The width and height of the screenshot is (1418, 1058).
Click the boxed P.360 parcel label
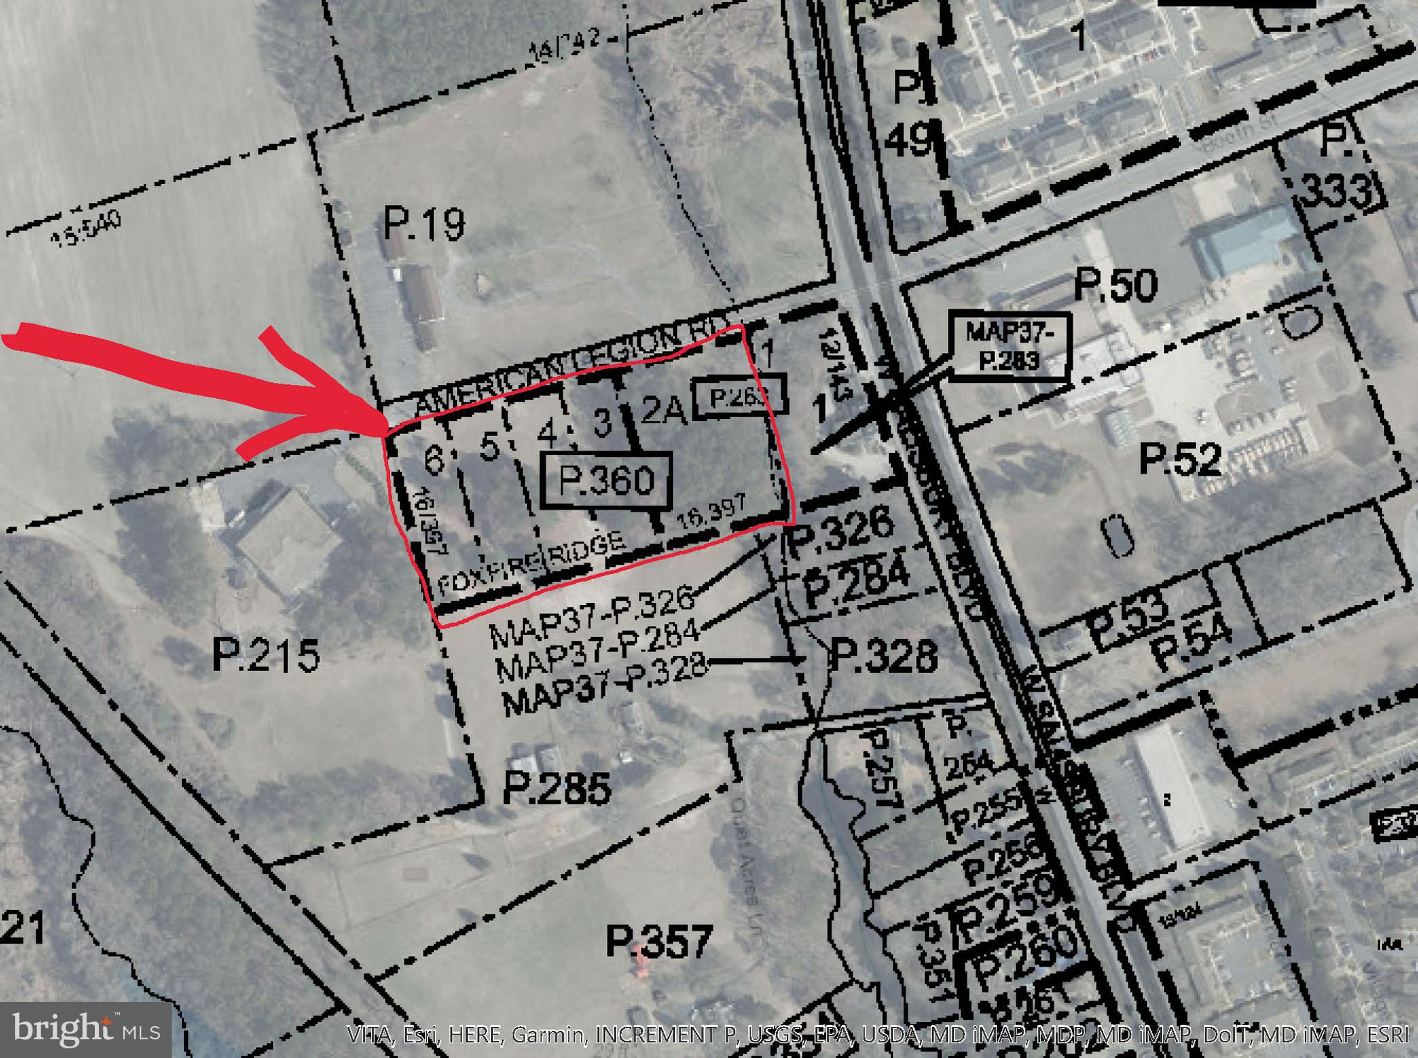pos(607,480)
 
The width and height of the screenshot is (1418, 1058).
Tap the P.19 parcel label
pos(424,224)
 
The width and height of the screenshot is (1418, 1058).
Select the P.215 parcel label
pos(267,655)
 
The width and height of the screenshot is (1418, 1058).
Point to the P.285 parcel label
pos(557,788)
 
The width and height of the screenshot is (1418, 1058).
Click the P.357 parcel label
pos(658,942)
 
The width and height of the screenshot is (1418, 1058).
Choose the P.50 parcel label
pos(1115,285)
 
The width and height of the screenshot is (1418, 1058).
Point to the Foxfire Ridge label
pos(532,562)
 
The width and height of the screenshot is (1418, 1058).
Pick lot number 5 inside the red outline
pos(489,447)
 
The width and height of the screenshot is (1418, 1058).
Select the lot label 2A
pos(663,411)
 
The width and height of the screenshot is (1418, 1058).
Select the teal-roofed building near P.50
pos(1246,239)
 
